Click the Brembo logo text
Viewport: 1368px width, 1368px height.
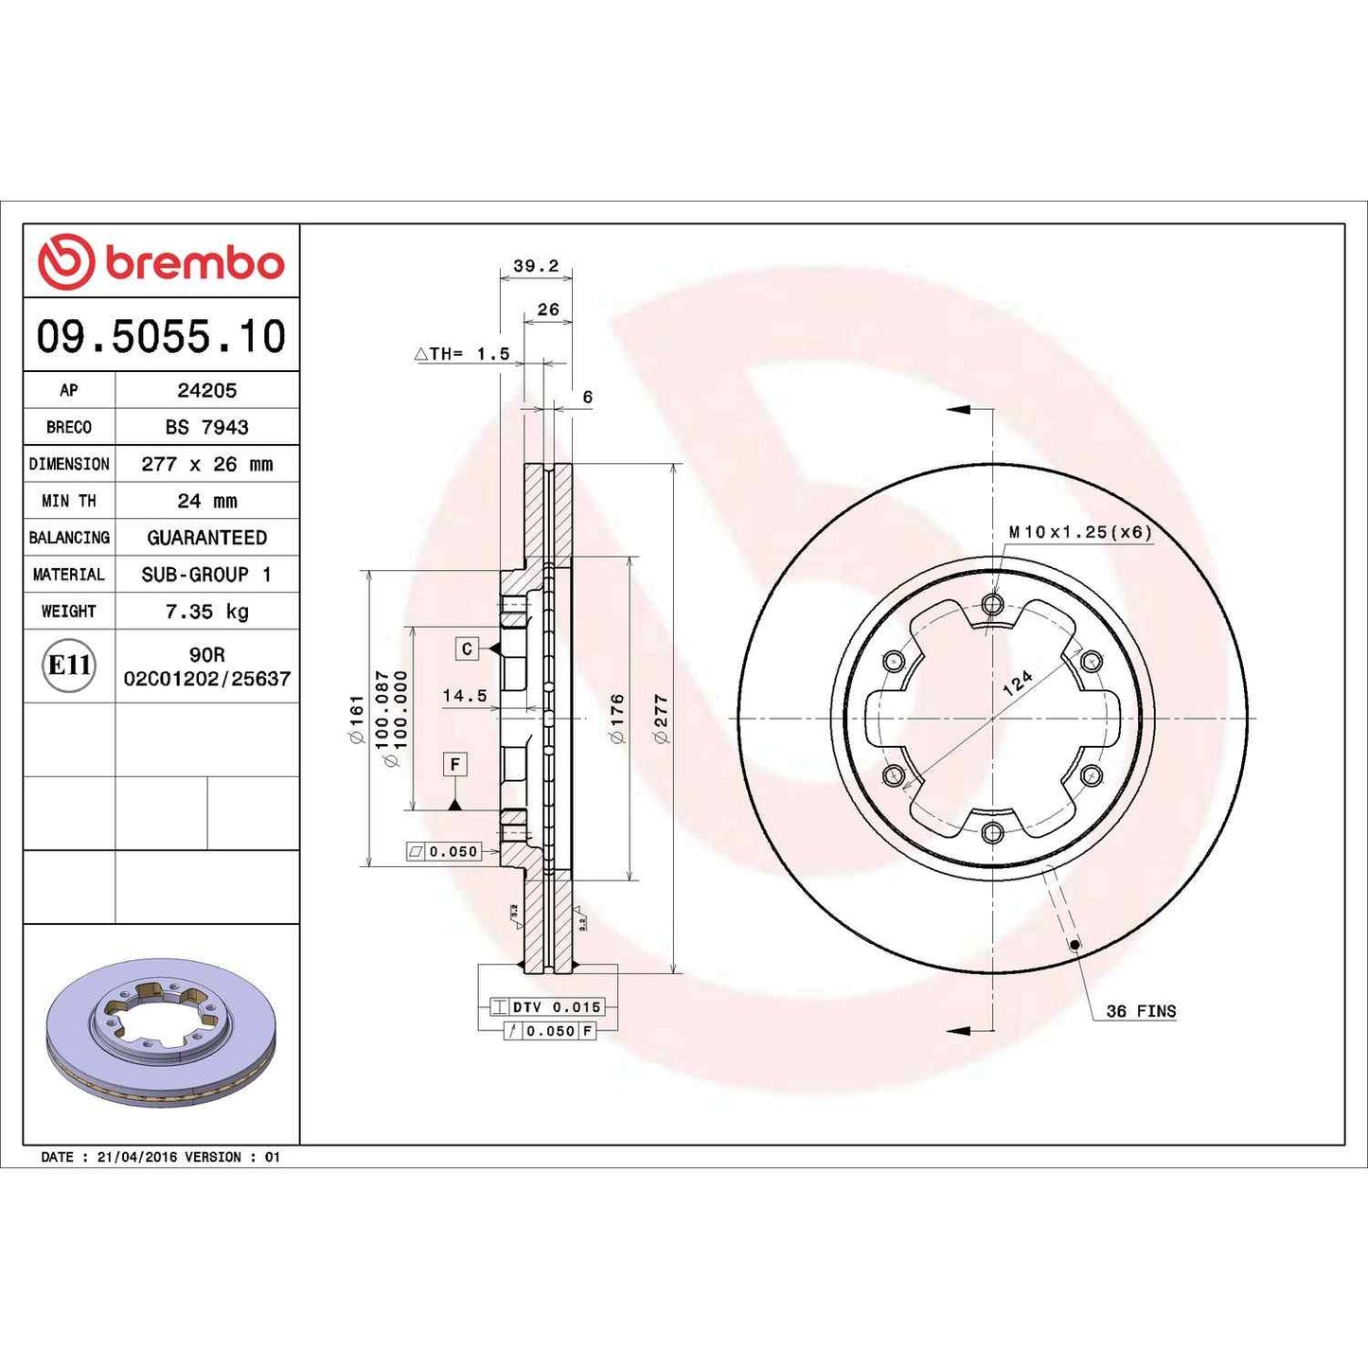(x=194, y=263)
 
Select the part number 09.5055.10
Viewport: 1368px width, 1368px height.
(x=161, y=337)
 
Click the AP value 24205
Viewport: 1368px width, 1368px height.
(x=206, y=390)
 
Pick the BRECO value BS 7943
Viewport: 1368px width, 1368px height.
(x=206, y=427)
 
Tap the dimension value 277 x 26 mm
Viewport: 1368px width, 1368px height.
(x=206, y=464)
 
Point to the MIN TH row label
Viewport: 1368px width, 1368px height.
(x=69, y=501)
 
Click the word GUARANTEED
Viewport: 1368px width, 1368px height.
(x=206, y=538)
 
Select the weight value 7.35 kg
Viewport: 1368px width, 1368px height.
(x=206, y=612)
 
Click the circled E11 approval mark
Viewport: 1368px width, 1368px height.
(x=69, y=666)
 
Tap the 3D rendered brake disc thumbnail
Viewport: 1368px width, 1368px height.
(x=161, y=1032)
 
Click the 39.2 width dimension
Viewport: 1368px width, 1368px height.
(x=536, y=266)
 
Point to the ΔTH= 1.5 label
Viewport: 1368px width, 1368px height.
(x=463, y=354)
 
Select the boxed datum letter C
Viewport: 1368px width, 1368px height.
(x=466, y=648)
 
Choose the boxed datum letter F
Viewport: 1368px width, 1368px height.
(x=455, y=764)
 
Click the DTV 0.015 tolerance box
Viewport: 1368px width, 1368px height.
(x=557, y=1007)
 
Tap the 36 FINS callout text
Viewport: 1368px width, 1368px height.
(x=1141, y=1011)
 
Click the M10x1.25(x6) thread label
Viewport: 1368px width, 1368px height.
(x=1080, y=532)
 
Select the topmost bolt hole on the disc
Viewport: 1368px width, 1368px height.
(x=992, y=604)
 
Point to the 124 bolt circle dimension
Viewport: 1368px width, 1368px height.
(x=1018, y=684)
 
